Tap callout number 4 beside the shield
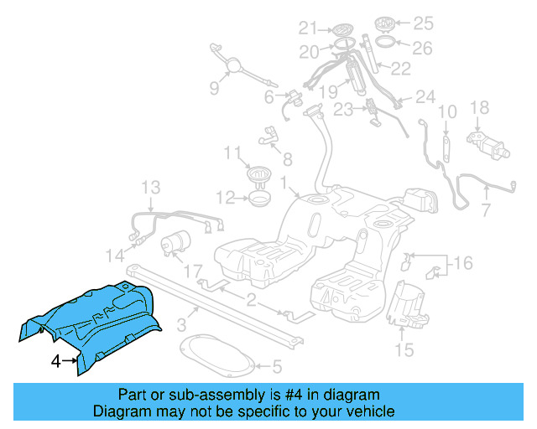click(55, 362)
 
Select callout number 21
click(307, 27)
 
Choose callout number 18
click(479, 107)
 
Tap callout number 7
click(486, 207)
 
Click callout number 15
click(404, 349)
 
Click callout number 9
click(214, 88)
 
